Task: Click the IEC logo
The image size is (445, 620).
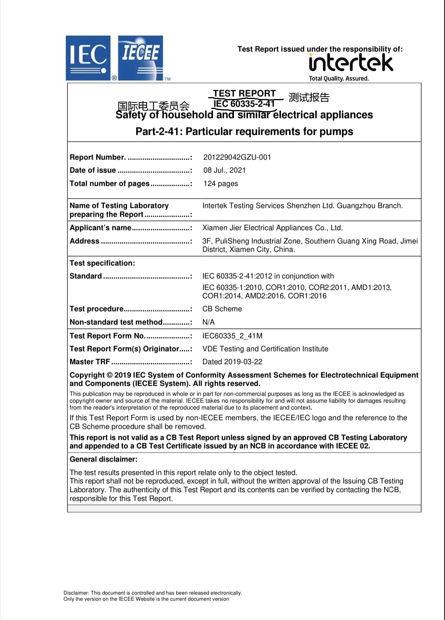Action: pyautogui.click(x=88, y=58)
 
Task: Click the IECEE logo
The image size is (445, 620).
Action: pyautogui.click(x=140, y=58)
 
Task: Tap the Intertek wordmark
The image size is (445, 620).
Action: pyautogui.click(x=351, y=63)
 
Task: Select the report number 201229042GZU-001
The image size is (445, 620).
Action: pyautogui.click(x=237, y=157)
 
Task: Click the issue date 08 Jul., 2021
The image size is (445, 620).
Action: pyautogui.click(x=224, y=170)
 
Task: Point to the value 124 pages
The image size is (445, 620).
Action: pyautogui.click(x=221, y=184)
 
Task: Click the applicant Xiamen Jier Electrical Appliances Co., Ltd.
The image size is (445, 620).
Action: pyautogui.click(x=272, y=228)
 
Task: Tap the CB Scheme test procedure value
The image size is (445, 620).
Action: pyautogui.click(x=222, y=309)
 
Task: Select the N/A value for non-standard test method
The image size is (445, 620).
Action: pyautogui.click(x=208, y=322)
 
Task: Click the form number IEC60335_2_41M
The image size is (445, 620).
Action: pyautogui.click(x=232, y=336)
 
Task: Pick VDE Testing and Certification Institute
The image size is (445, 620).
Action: pyautogui.click(x=265, y=349)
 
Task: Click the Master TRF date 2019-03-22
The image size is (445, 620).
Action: pyautogui.click(x=232, y=362)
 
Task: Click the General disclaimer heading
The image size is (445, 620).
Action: pyautogui.click(x=103, y=459)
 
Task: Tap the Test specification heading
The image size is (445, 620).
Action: pyautogui.click(x=102, y=263)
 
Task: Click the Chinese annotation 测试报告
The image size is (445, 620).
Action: pyautogui.click(x=309, y=97)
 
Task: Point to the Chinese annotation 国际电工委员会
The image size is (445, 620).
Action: pyautogui.click(x=153, y=105)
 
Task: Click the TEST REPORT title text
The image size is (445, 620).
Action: pyautogui.click(x=244, y=93)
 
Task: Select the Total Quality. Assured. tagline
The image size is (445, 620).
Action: pyautogui.click(x=339, y=79)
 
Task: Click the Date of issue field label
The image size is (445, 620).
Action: pyautogui.click(x=93, y=170)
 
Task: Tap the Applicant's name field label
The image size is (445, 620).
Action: pyautogui.click(x=100, y=228)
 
